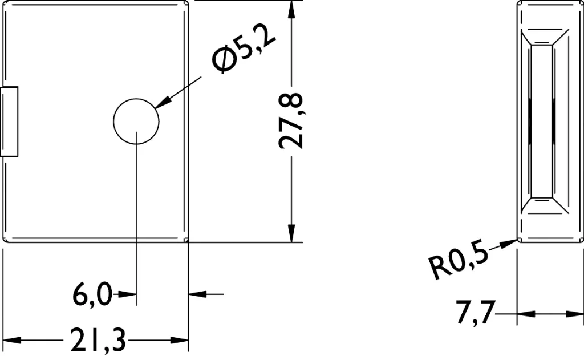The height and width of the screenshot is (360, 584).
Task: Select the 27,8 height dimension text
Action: [x=291, y=121]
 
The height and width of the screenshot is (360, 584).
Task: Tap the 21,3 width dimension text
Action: [x=98, y=340]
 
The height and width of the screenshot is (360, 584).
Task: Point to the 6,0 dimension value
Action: [x=92, y=294]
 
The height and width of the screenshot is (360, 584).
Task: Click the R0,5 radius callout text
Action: [x=459, y=262]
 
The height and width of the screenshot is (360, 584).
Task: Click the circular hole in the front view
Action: [x=136, y=121]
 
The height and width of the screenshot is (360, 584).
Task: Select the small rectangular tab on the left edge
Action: [x=9, y=122]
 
